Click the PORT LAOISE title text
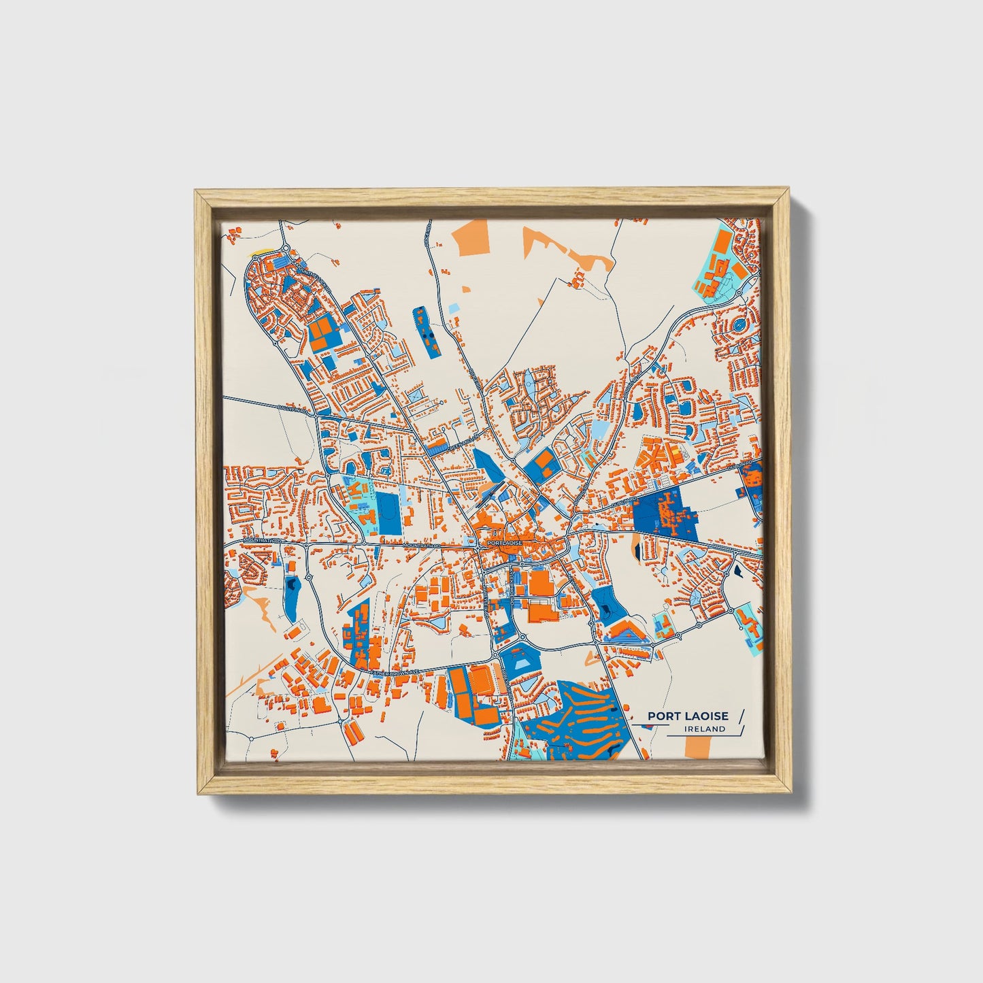pos(688,716)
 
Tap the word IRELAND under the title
pos(705,729)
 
